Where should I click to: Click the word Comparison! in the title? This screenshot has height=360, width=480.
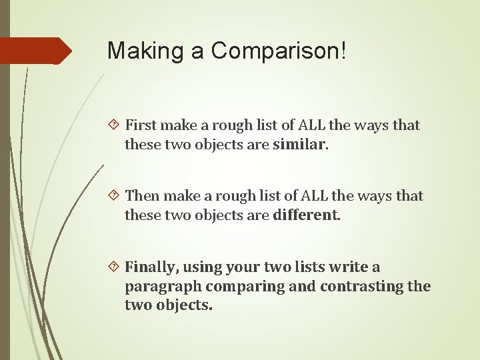[x=279, y=51]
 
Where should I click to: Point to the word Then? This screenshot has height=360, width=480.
[x=142, y=196]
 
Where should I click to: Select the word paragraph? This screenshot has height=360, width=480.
[x=163, y=287]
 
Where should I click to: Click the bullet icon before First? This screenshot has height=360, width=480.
[x=114, y=125]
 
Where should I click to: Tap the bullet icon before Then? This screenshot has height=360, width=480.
[x=114, y=195]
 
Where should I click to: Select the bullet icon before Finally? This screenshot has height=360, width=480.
[x=114, y=267]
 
